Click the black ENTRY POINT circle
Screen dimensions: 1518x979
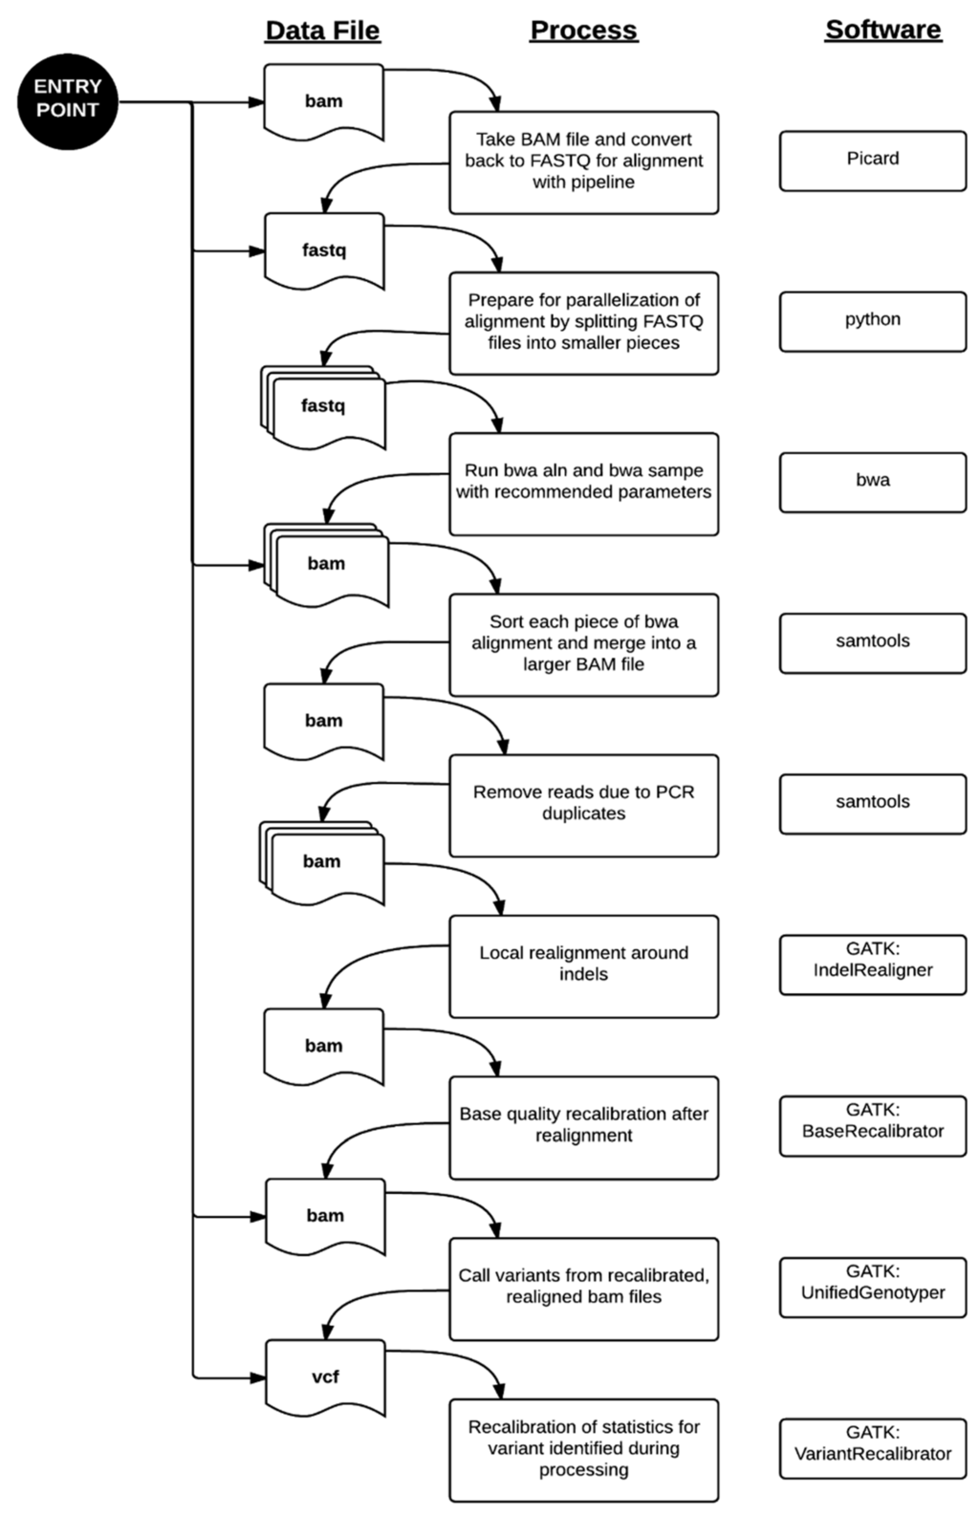coord(67,101)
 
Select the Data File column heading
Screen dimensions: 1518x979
coord(322,31)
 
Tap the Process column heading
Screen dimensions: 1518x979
coord(583,31)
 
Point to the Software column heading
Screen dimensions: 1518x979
coord(882,31)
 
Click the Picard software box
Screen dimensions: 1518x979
coord(872,161)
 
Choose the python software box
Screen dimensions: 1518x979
coord(872,321)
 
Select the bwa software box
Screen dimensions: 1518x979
coord(872,482)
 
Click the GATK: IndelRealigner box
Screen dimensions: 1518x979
coord(872,964)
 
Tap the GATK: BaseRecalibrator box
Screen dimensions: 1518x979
coord(872,1125)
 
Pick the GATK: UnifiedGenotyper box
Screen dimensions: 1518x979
coord(872,1287)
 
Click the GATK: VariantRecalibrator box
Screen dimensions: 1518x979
coord(872,1447)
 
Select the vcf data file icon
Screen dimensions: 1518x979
coord(325,1377)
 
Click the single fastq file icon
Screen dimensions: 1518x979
coord(324,250)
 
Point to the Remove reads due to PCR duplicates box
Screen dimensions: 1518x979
coord(583,805)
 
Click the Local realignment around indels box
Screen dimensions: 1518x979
coord(583,965)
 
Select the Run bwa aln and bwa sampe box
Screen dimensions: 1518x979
coord(583,483)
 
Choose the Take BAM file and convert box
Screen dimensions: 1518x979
coord(583,162)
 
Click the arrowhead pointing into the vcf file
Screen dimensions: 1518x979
coord(257,1377)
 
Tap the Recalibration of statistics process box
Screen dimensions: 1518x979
coord(583,1449)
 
